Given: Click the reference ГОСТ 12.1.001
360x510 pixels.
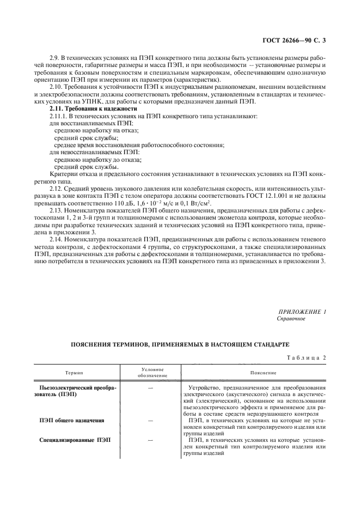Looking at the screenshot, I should (275, 195).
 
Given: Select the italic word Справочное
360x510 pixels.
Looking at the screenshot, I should (291, 319).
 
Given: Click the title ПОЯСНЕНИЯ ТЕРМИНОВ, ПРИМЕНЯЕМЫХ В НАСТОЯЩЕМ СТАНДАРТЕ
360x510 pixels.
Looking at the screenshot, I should (180, 344).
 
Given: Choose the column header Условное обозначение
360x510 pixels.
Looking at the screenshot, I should (149, 373).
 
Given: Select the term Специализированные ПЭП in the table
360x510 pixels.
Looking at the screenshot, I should (76, 440).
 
